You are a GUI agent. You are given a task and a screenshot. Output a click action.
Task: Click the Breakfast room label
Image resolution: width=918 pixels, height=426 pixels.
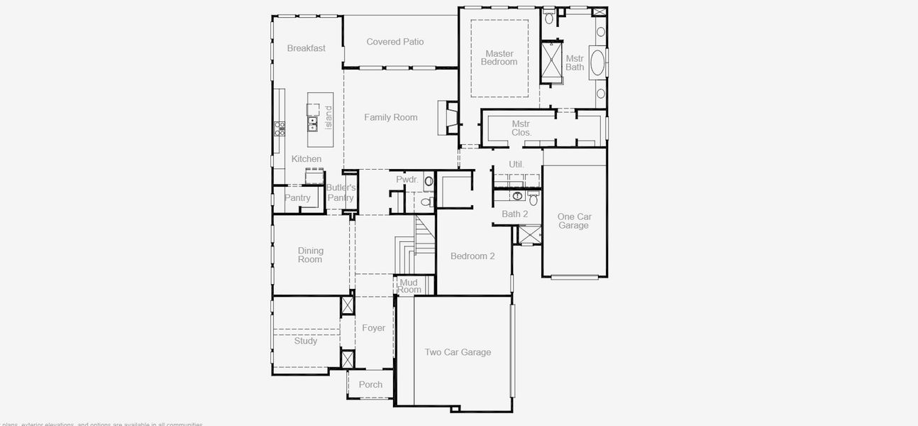[306, 48]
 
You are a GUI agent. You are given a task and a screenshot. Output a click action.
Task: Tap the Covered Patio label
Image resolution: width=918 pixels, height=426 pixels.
[395, 42]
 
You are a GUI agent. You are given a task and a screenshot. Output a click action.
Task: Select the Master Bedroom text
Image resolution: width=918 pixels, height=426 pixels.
[499, 58]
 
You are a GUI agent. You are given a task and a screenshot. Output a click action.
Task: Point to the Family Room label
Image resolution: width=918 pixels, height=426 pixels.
[391, 117]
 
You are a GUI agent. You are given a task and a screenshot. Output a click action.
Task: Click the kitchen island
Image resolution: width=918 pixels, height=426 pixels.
[321, 119]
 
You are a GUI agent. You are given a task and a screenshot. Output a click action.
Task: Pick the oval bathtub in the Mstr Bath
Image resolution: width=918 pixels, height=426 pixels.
[597, 62]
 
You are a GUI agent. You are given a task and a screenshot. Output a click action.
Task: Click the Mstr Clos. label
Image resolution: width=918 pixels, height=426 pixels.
[521, 128]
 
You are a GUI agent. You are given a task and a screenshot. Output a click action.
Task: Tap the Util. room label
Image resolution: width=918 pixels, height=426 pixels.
[516, 164]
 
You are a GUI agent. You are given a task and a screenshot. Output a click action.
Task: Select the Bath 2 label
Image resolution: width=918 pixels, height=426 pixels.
[515, 214]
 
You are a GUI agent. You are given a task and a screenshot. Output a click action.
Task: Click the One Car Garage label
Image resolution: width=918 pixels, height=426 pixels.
[573, 221]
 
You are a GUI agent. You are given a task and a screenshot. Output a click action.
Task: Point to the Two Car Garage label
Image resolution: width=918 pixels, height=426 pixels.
[458, 352]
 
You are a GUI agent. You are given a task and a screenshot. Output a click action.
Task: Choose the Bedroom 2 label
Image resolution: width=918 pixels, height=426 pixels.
[472, 256]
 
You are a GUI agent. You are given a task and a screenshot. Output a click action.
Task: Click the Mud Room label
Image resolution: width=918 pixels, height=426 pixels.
[409, 285]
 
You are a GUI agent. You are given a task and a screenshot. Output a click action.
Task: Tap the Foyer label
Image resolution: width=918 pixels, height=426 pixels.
[374, 328]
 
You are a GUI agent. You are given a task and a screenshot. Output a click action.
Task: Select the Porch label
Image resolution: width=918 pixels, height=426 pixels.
[370, 385]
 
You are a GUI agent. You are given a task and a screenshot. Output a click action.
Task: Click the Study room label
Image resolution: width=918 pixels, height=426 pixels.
[306, 341]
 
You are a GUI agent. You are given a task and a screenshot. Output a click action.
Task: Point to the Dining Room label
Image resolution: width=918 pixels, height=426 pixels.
[310, 255]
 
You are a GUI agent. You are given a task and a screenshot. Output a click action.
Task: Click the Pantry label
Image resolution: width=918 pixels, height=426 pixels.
[297, 198]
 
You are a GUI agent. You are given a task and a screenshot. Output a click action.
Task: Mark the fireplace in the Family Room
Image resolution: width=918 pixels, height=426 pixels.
[447, 118]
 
